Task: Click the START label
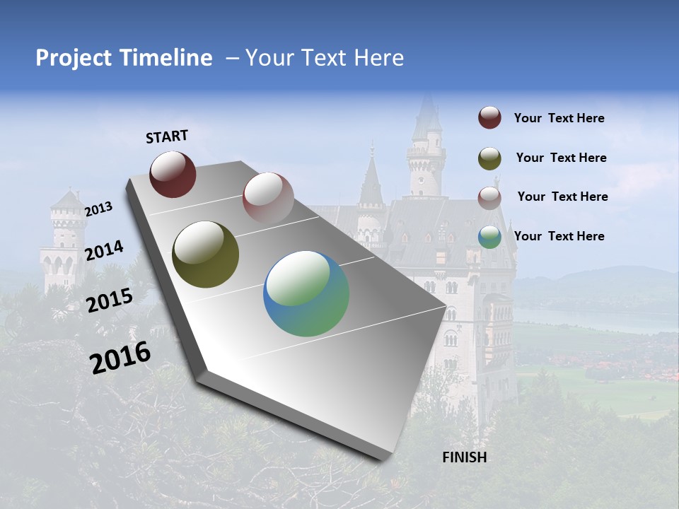pos(167,136)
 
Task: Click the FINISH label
pos(465,457)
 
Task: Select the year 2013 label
pos(99,209)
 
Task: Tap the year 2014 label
pos(104,251)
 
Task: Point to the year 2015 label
pos(109,300)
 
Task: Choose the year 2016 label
pos(120,357)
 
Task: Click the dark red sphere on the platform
pos(173,174)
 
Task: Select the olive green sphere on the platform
pos(205,255)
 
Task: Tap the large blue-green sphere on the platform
pos(306,293)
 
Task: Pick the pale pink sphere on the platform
pos(268,197)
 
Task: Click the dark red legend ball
pos(489,118)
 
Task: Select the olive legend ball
pos(489,158)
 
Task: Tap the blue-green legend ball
pos(489,237)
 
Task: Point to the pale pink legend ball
pos(489,197)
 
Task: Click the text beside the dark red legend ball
pos(559,119)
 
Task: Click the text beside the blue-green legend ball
pos(559,236)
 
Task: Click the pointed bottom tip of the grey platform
pos(385,458)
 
